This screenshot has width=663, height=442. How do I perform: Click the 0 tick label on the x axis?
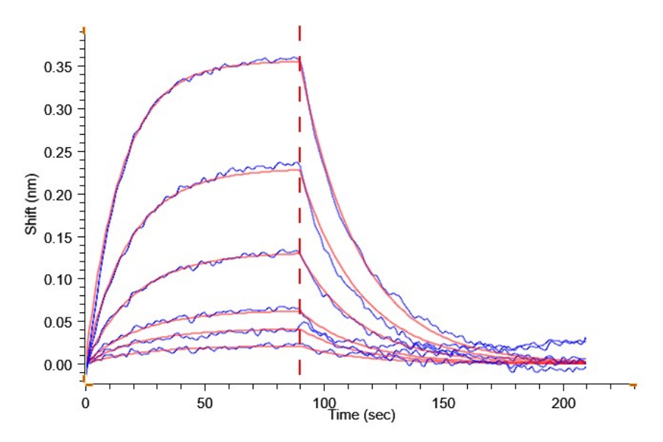pyautogui.click(x=86, y=403)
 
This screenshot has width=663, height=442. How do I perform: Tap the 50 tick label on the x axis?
pyautogui.click(x=205, y=403)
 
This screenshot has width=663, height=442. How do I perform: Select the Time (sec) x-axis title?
pyautogui.click(x=362, y=415)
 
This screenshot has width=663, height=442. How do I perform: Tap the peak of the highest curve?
pyautogui.click(x=297, y=57)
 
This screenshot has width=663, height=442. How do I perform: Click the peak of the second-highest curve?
pyautogui.click(x=297, y=163)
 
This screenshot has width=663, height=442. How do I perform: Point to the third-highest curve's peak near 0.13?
pyautogui.click(x=297, y=251)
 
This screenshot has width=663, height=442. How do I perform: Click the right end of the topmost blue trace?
pyautogui.click(x=585, y=338)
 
